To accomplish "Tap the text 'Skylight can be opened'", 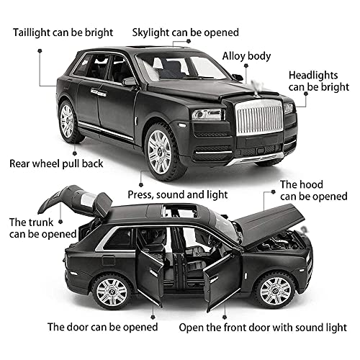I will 186,32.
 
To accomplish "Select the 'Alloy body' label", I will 247,54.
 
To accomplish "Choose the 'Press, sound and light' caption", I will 178,194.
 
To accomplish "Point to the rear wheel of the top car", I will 67,120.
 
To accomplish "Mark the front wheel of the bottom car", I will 274,291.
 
